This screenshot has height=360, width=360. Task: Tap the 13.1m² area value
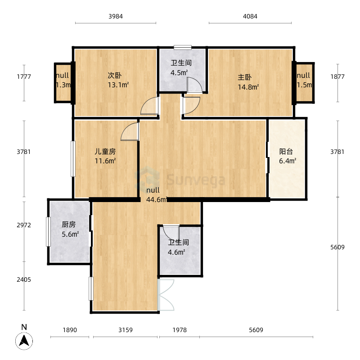tap(118, 85)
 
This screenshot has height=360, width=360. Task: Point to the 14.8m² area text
tap(248, 87)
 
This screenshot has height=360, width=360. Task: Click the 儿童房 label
tap(105, 152)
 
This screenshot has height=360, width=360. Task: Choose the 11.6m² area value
tap(105, 161)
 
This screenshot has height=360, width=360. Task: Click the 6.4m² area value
tap(288, 161)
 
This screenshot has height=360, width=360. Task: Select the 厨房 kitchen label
tap(68, 225)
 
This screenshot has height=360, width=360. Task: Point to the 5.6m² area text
tap(70, 234)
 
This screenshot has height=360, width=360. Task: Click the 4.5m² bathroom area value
tap(179, 72)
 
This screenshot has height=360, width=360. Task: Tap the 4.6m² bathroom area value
tap(176, 252)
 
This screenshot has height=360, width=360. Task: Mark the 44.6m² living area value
tap(157, 199)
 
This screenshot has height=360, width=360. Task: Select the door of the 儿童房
tap(130, 132)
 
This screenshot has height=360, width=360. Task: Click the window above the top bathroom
tap(183, 47)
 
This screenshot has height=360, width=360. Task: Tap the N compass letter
tap(24, 328)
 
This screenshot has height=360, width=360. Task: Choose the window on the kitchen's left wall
tap(48, 231)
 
